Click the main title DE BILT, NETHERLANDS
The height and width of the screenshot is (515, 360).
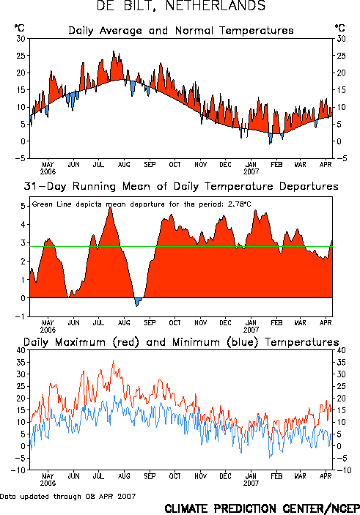pyautogui.click(x=181, y=6)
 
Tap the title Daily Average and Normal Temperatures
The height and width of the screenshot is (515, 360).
pyautogui.click(x=181, y=31)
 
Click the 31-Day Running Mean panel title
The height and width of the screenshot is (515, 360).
pyautogui.click(x=181, y=187)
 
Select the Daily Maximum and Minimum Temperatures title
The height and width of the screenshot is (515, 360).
pyautogui.click(x=181, y=342)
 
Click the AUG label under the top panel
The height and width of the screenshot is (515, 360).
pyautogui.click(x=124, y=165)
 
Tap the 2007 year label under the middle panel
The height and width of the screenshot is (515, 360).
pyautogui.click(x=251, y=330)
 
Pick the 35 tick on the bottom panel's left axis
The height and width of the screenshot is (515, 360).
pyautogui.click(x=21, y=363)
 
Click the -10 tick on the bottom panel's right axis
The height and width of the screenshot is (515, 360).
pyautogui.click(x=343, y=470)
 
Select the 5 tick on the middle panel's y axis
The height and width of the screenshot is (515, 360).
pyautogui.click(x=23, y=206)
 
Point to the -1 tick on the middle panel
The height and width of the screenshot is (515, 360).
pyautogui.click(x=20, y=316)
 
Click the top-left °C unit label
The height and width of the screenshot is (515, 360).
pyautogui.click(x=19, y=28)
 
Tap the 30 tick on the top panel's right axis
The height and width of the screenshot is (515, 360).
pyautogui.click(x=341, y=39)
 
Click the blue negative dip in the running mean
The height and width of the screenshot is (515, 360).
pyautogui.click(x=138, y=301)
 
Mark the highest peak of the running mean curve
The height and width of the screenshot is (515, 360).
pyautogui.click(x=110, y=207)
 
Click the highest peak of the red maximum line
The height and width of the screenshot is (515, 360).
pyautogui.click(x=114, y=361)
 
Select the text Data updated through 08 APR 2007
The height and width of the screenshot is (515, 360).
pyautogui.click(x=67, y=496)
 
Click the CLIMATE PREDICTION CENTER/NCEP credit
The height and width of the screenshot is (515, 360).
pyautogui.click(x=262, y=508)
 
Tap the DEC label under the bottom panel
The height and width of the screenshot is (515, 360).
pyautogui.click(x=226, y=476)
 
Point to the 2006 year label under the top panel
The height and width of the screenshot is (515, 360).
pyautogui.click(x=48, y=171)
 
